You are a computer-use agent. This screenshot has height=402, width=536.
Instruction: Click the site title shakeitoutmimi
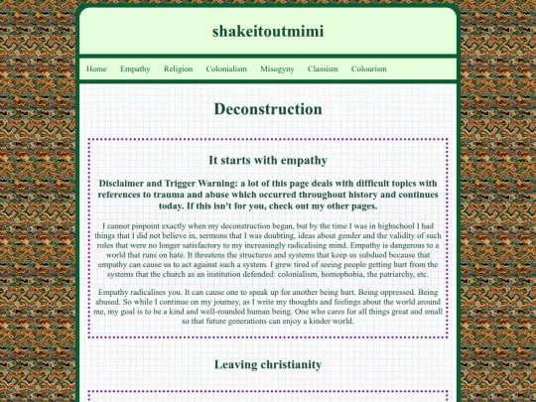pyautogui.click(x=267, y=31)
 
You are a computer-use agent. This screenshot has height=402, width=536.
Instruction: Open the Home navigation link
pyautogui.click(x=96, y=69)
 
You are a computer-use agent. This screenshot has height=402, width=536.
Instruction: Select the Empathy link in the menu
pyautogui.click(x=135, y=69)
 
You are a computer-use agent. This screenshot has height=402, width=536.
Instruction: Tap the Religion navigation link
pyautogui.click(x=178, y=69)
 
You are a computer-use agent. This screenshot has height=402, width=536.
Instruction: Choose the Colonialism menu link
pyautogui.click(x=226, y=69)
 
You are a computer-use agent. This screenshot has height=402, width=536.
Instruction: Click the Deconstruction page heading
pyautogui.click(x=267, y=110)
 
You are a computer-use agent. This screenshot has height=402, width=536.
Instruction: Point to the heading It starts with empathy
pyautogui.click(x=267, y=160)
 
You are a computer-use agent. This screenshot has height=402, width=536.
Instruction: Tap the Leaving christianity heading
pyautogui.click(x=267, y=365)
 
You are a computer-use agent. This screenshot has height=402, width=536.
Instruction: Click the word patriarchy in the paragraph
pyautogui.click(x=406, y=275)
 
